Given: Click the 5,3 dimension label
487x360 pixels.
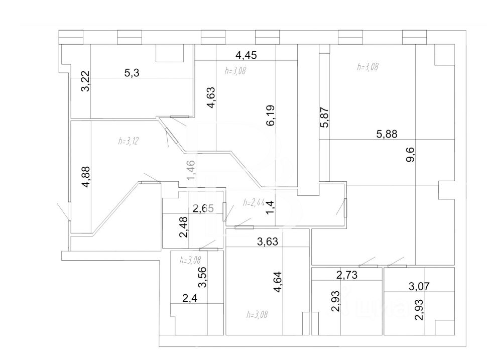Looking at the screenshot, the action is (132, 73).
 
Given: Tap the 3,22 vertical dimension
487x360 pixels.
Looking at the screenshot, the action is (86, 81).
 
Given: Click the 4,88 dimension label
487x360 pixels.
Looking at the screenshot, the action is (86, 177).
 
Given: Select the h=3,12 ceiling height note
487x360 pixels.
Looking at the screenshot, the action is (129, 141).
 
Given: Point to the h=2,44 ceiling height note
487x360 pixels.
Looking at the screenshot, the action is (254, 203).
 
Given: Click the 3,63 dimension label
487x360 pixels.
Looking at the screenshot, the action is (268, 242).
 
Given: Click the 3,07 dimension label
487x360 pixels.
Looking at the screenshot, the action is (419, 287).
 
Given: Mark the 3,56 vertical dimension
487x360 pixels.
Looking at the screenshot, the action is (203, 277).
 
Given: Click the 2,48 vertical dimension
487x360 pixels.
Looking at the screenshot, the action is (185, 226).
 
